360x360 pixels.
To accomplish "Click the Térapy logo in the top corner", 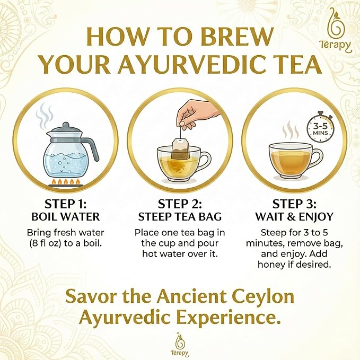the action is click(x=336, y=30).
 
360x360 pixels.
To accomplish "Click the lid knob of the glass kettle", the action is click(x=66, y=125).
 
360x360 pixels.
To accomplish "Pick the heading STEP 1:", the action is click(x=66, y=204).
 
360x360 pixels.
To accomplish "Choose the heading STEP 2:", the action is click(x=180, y=204).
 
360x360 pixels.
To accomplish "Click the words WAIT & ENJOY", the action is click(x=294, y=216).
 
